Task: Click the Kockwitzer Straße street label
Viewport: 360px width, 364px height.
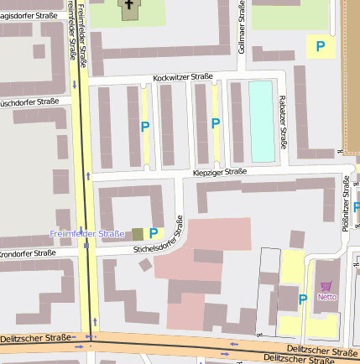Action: coord(182,77)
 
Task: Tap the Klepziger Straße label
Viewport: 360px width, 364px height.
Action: coord(219,172)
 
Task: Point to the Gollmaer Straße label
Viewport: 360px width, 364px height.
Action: coord(242,29)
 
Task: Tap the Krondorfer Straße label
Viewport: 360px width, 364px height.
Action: coord(27,252)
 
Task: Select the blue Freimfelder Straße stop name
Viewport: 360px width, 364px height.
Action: coord(86,233)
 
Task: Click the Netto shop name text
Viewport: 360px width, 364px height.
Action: coord(326,297)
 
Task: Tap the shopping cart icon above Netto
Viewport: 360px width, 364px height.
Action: coord(326,286)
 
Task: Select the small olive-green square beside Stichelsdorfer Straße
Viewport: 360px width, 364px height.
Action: coord(137,233)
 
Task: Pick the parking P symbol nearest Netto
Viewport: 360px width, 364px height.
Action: coord(303,299)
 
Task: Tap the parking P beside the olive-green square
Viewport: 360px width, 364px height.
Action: coord(154,233)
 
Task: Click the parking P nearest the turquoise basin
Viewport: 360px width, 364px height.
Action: coord(216,123)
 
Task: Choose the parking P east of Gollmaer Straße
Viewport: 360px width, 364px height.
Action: coord(320,46)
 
